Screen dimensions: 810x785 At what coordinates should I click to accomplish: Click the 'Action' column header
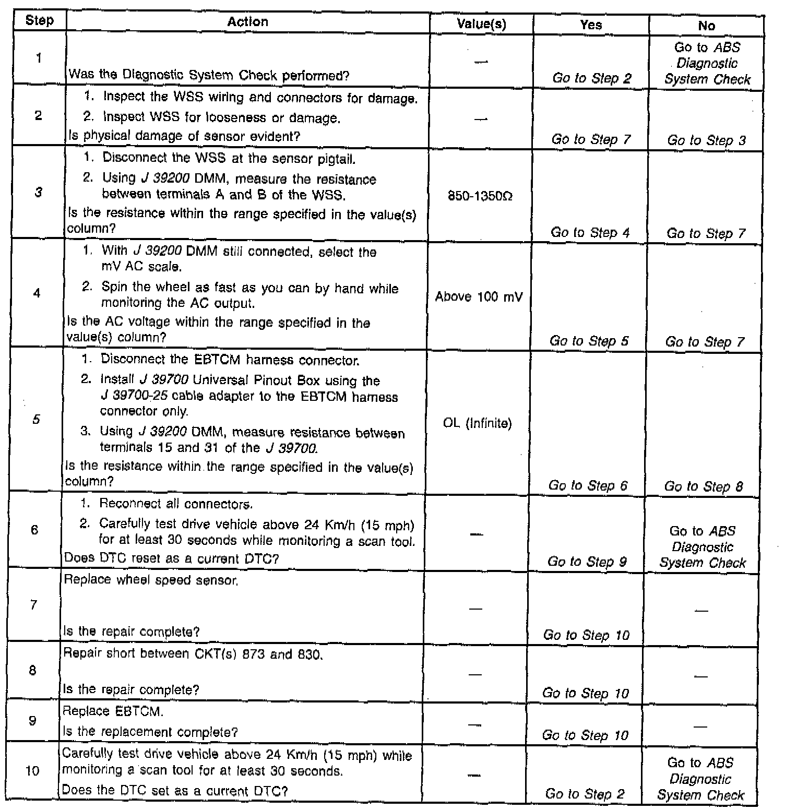pyautogui.click(x=248, y=22)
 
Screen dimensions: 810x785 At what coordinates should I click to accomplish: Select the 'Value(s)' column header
pyautogui.click(x=481, y=24)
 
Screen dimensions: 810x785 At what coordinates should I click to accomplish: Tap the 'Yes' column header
pyautogui.click(x=591, y=25)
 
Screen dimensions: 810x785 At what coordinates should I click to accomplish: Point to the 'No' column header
pyautogui.click(x=706, y=26)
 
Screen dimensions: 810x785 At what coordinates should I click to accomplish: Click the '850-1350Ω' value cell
pyautogui.click(x=480, y=197)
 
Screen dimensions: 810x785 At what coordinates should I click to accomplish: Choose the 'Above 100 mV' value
pyautogui.click(x=479, y=297)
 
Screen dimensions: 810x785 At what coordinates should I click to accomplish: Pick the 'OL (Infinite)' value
pyautogui.click(x=478, y=423)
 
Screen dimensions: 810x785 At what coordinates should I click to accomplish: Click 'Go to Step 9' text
pyautogui.click(x=587, y=562)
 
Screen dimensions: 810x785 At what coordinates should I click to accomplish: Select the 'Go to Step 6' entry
pyautogui.click(x=588, y=486)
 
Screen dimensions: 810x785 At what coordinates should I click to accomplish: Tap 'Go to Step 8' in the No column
pyautogui.click(x=704, y=487)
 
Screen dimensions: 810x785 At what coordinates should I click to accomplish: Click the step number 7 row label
pyautogui.click(x=33, y=605)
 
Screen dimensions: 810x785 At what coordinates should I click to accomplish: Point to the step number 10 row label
pyautogui.click(x=32, y=770)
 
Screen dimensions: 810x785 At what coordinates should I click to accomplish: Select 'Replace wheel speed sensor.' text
pyautogui.click(x=151, y=580)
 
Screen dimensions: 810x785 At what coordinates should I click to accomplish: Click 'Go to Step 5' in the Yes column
pyautogui.click(x=589, y=341)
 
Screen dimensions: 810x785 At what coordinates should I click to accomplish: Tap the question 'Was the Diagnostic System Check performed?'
pyautogui.click(x=209, y=76)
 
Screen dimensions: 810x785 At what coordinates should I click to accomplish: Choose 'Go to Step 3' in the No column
pyautogui.click(x=706, y=140)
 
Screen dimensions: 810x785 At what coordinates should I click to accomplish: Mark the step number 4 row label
pyautogui.click(x=37, y=293)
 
